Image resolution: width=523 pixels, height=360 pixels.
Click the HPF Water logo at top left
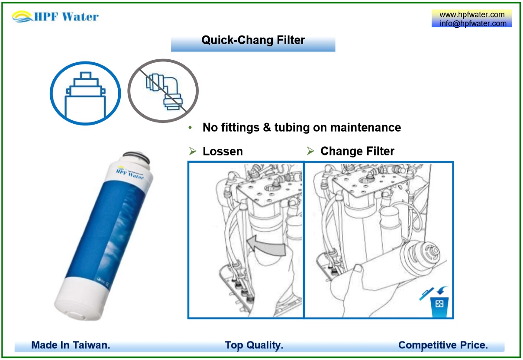pyautogui.click(x=55, y=16)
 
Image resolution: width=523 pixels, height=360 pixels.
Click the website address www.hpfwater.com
pyautogui.click(x=472, y=15)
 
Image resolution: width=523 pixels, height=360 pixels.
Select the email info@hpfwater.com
pyautogui.click(x=473, y=23)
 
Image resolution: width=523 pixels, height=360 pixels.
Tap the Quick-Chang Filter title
pyautogui.click(x=253, y=41)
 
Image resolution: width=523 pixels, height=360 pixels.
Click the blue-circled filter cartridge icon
pyautogui.click(x=84, y=93)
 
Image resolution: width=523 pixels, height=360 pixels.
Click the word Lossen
pyautogui.click(x=223, y=151)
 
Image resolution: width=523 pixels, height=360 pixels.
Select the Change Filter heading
pyautogui.click(x=357, y=151)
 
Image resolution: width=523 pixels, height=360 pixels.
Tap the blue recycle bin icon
pyautogui.click(x=439, y=304)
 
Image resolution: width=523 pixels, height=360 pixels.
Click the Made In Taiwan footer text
pyautogui.click(x=71, y=345)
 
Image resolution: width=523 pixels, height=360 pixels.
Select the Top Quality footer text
pyautogui.click(x=254, y=345)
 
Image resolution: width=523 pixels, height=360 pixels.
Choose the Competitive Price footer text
pyautogui.click(x=443, y=345)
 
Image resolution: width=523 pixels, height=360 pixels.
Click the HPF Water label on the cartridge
pyautogui.click(x=130, y=174)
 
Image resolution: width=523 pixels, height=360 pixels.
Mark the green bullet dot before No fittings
pyautogui.click(x=190, y=128)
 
